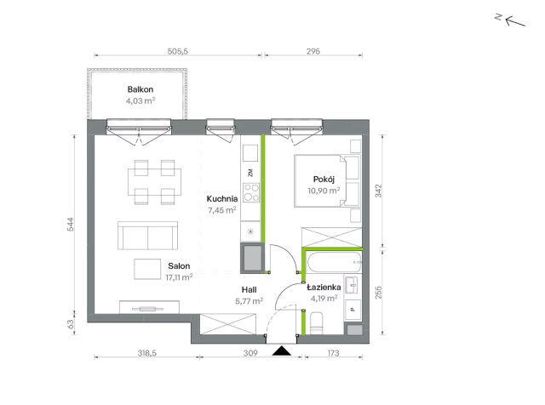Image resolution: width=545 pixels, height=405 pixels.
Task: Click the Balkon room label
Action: point(140,89)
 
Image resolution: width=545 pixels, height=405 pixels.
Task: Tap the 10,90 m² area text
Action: point(324,191)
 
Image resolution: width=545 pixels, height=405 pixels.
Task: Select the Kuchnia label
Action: point(222,199)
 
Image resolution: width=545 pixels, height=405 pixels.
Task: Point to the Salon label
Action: point(179,266)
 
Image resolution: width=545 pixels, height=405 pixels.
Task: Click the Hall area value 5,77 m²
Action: point(249,301)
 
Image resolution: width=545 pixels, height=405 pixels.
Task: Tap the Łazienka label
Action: point(324,288)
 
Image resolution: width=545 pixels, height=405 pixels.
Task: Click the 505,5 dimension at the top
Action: point(178,51)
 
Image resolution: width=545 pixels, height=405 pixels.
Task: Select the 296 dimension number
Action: point(313,51)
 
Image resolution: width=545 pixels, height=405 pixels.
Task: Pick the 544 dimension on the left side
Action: point(70,225)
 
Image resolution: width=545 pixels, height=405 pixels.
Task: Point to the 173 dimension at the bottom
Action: point(333,353)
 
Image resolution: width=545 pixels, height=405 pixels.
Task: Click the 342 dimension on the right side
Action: point(378,191)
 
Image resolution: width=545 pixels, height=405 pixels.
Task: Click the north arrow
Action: point(515,22)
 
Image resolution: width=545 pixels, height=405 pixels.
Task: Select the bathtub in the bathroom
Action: point(335,262)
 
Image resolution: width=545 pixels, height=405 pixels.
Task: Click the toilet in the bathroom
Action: point(316,323)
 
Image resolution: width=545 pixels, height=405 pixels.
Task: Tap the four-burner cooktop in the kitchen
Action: point(251,193)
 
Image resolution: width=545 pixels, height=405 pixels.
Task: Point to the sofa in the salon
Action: point(147,236)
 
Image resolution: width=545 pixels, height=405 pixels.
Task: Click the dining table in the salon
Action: point(154,182)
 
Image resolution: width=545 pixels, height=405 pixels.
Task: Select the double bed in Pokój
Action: point(327,181)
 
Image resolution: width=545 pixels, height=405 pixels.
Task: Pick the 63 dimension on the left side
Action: point(70,324)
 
